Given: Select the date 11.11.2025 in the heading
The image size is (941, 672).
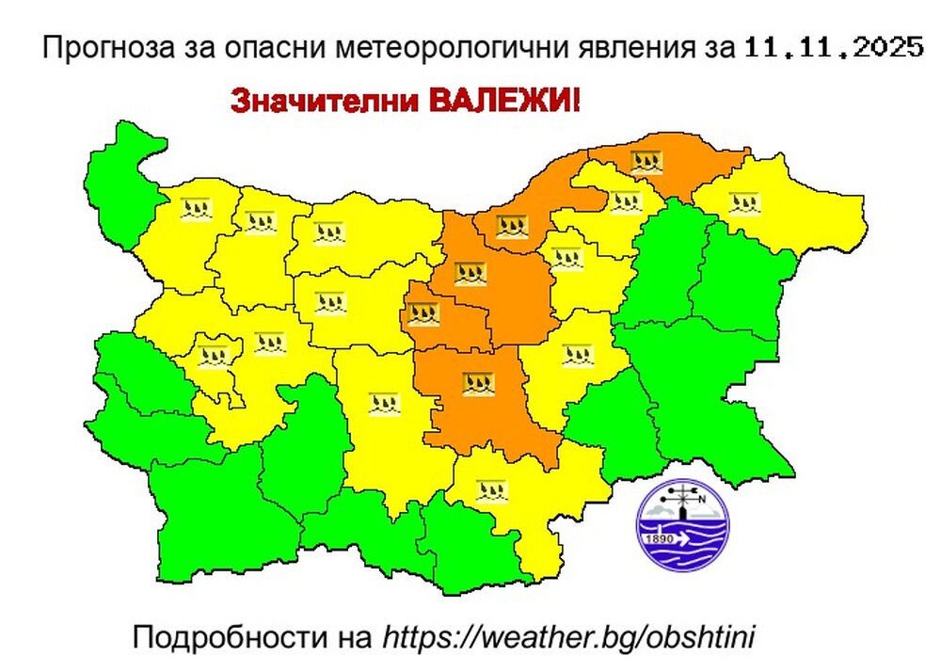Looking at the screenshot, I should tap(833, 48).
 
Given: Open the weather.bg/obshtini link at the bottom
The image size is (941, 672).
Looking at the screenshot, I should tap(569, 636).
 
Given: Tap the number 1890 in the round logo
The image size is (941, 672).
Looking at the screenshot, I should tap(660, 539).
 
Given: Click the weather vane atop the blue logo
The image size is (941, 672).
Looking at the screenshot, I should tap(685, 496).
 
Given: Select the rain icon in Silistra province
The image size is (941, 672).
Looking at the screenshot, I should tap(646, 161).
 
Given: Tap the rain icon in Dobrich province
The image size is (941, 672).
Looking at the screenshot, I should tap(743, 200).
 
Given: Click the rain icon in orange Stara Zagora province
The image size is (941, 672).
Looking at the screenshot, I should tap(476, 382).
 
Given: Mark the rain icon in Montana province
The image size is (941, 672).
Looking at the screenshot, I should tap(195, 210).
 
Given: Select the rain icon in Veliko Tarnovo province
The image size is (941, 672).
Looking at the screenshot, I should tap(470, 274).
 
